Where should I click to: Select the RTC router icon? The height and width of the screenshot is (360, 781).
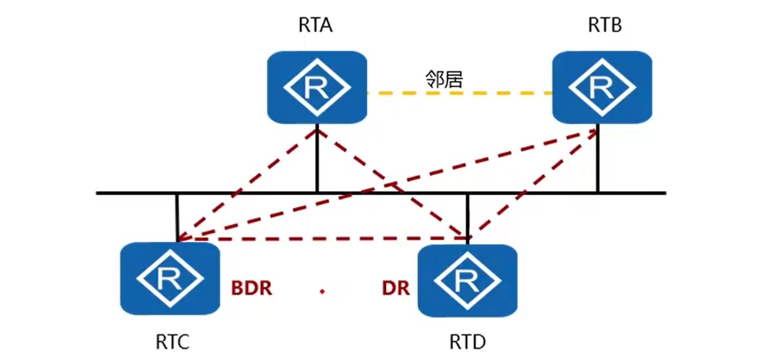point(169,279)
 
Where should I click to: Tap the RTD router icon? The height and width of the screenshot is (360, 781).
point(466,280)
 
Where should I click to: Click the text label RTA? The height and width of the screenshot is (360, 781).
point(315,27)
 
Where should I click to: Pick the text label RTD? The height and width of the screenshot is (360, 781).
point(467,342)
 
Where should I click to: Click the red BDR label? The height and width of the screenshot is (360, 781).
point(251,288)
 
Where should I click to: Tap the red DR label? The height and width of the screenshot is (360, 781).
point(395,288)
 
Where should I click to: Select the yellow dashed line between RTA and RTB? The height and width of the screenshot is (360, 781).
point(458,93)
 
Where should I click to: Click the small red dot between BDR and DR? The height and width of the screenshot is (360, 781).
point(322,292)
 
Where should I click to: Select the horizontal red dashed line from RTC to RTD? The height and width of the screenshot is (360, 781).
point(323,239)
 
